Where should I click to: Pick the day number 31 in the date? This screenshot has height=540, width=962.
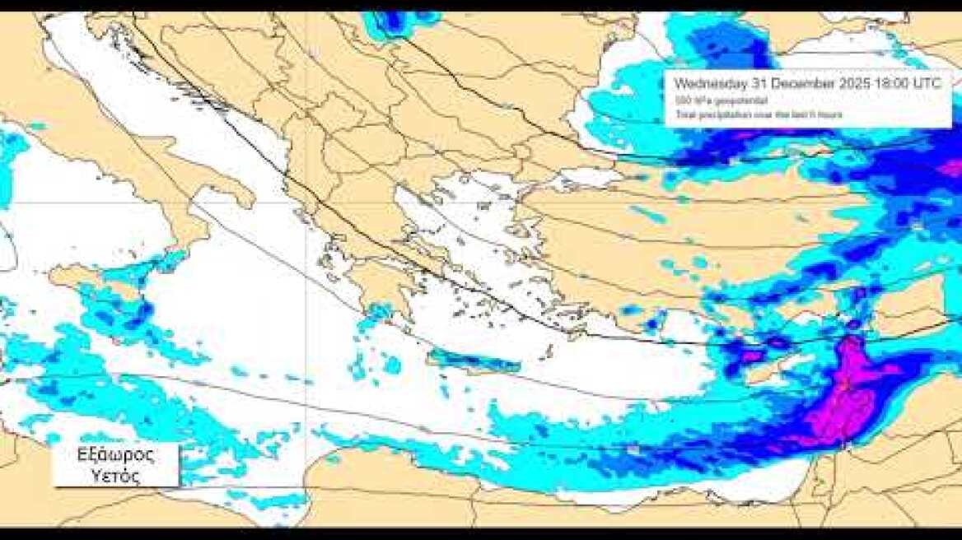coord(758,83)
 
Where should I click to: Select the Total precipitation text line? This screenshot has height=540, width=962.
coord(758,114)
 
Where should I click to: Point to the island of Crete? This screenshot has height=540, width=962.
coord(474,361)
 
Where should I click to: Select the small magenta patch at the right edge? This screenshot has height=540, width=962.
coord(950,169)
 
